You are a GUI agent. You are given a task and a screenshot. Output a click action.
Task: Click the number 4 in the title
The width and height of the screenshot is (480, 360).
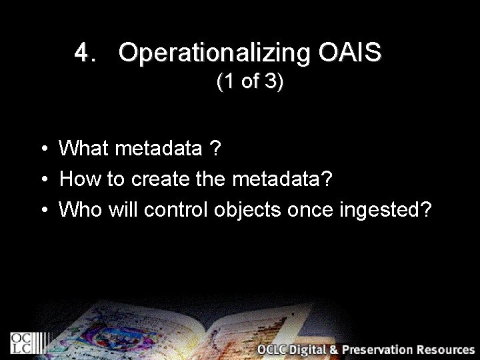click(82, 53)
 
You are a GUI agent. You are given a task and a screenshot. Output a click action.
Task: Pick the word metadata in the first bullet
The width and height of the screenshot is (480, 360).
click(159, 148)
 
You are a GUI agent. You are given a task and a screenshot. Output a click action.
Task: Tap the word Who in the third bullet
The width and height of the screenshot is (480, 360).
click(81, 209)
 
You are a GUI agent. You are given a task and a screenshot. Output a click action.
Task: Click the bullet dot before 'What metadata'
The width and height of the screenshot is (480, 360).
click(43, 149)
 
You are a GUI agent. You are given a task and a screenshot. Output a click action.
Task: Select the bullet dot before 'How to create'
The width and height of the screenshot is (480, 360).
click(43, 179)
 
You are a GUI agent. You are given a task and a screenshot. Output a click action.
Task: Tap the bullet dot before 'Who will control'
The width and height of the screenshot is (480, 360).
click(43, 210)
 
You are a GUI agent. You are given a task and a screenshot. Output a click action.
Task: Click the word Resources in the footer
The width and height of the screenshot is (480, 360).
click(445, 349)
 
